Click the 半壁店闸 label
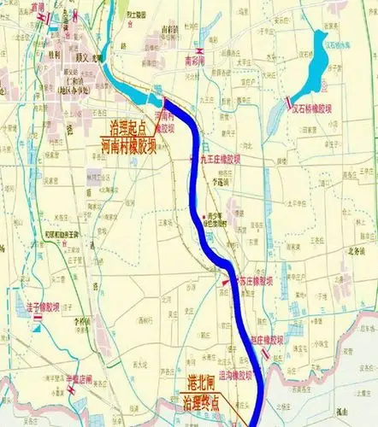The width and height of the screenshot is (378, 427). click(x=79, y=381)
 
